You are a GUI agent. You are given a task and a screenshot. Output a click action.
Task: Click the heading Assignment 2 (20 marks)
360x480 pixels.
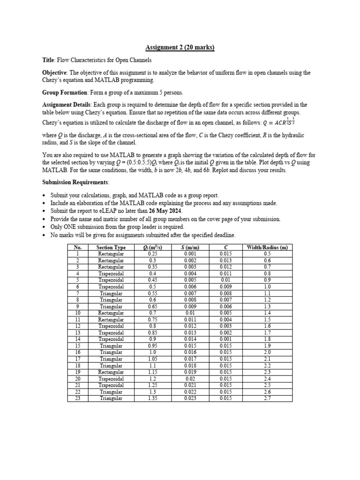[180, 48]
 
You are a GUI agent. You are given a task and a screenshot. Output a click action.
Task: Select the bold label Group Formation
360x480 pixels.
[61, 92]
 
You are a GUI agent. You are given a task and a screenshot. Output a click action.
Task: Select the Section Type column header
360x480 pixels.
[111, 247]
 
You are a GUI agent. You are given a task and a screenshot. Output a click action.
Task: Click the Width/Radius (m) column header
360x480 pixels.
[267, 247]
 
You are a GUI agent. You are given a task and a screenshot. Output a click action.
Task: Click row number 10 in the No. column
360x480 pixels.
[78, 313]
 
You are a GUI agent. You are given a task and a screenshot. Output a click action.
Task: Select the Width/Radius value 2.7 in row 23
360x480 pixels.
[267, 398]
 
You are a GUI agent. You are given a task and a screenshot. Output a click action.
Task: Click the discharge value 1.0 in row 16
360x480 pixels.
[152, 352]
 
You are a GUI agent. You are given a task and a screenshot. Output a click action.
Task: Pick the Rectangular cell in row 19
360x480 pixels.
[111, 372]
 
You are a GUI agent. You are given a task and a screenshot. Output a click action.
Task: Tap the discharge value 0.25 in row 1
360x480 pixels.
[152, 254]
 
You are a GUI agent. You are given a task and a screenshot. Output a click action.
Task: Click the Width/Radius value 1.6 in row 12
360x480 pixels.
[267, 326]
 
